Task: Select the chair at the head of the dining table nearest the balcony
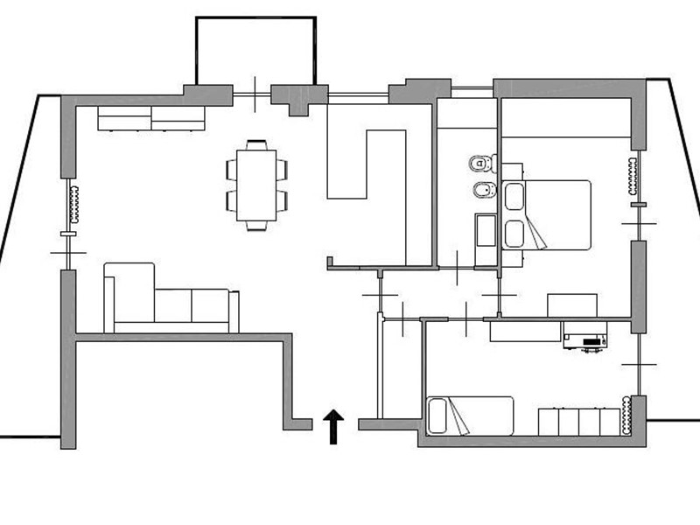pyautogui.click(x=255, y=144)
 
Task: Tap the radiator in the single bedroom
pyautogui.click(x=626, y=415)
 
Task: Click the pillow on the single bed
pyautogui.click(x=437, y=415)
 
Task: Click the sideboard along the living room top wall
pyautogui.click(x=150, y=118)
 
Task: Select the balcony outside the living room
pyautogui.click(x=255, y=51)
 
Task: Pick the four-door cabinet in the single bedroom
pyautogui.click(x=577, y=420)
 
